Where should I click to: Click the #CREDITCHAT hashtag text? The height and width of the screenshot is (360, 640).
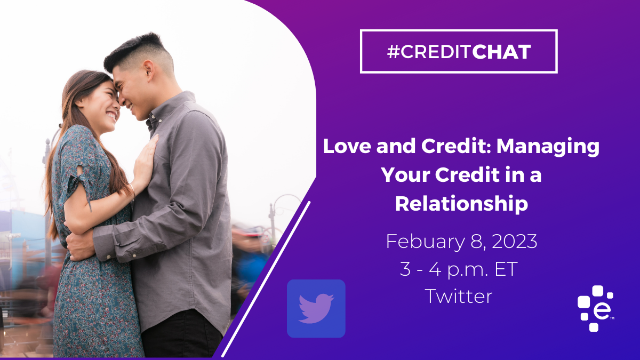click(x=459, y=52)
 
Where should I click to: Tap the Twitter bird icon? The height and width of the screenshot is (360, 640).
click(x=316, y=309)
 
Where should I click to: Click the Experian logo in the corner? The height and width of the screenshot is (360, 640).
click(x=596, y=309)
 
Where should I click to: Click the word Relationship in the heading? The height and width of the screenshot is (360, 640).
click(x=461, y=205)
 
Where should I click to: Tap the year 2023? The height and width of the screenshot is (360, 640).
click(x=515, y=242)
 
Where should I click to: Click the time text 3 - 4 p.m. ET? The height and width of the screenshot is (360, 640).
click(x=459, y=270)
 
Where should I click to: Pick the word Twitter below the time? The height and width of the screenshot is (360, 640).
click(x=459, y=297)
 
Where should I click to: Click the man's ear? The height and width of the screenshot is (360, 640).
click(x=149, y=73)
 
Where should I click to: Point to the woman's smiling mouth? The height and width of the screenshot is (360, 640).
click(x=112, y=116)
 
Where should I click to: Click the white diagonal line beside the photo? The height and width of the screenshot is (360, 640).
click(x=266, y=279)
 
